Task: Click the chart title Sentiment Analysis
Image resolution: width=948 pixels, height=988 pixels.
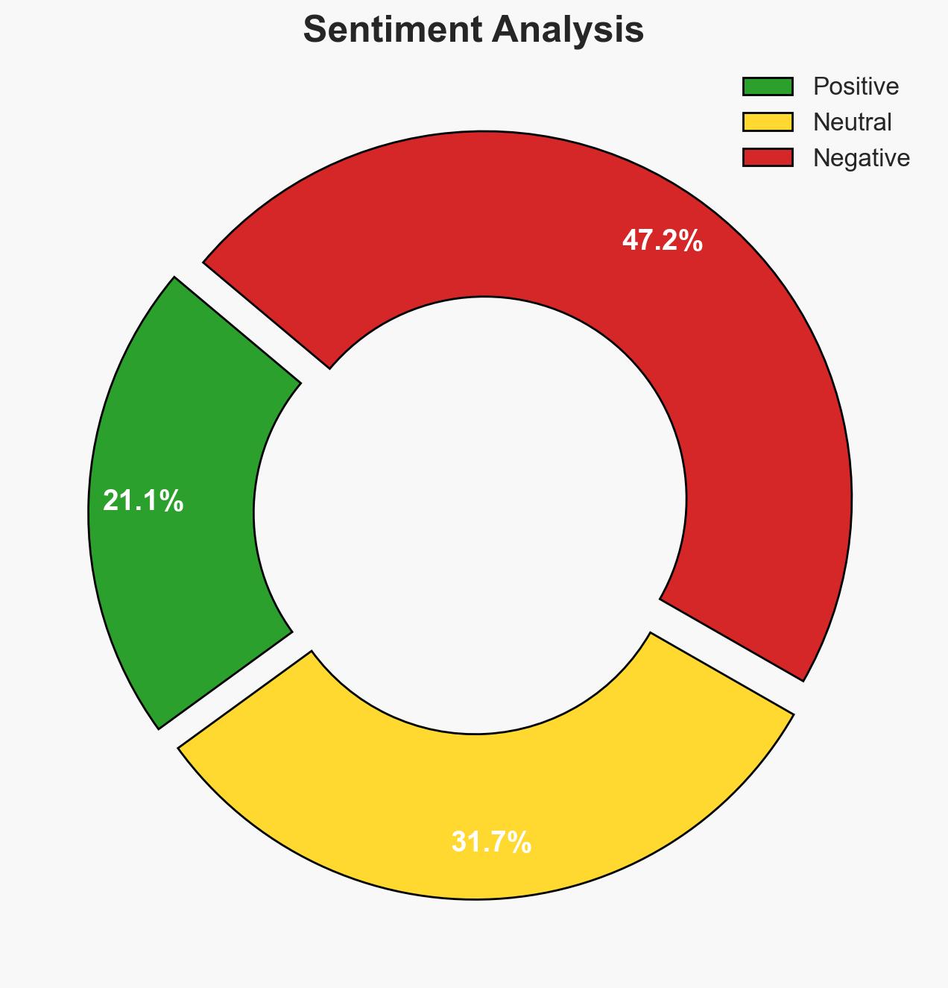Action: pos(473,31)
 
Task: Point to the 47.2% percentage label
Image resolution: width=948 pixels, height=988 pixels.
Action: pos(662,241)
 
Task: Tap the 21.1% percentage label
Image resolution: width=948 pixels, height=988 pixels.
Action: pos(143,501)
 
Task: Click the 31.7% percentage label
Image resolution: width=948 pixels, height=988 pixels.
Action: pos(491,843)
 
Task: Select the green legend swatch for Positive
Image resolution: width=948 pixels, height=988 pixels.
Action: pos(768,86)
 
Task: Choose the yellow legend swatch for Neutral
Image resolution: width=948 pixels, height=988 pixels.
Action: pos(768,122)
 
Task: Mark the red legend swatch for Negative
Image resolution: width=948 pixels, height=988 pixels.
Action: pos(768,157)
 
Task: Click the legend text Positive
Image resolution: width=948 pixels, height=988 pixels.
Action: pos(856,86)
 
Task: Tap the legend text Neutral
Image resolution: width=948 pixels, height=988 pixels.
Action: pos(852,122)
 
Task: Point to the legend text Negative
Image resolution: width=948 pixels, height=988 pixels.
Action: pos(861,157)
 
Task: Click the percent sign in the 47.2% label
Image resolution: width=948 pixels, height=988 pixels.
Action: pos(692,241)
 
